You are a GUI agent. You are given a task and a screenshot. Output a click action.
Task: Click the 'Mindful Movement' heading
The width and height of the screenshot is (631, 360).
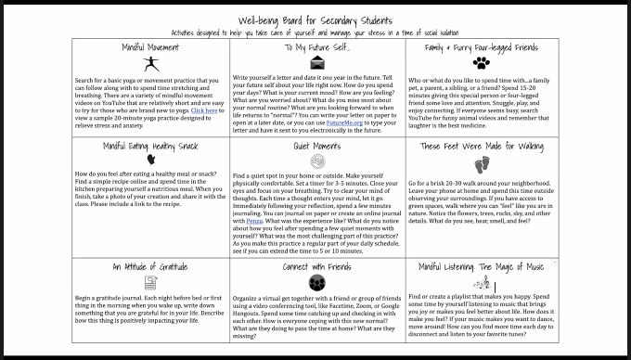point(148,46)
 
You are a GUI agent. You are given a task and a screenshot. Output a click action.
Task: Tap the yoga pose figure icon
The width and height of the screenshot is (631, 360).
point(150,64)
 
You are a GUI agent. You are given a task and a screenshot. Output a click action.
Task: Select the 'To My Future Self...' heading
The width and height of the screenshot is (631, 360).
point(317,46)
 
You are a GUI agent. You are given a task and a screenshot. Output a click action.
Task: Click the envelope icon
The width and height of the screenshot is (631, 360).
point(317,63)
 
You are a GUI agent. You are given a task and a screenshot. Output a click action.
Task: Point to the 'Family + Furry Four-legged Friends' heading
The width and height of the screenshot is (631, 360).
point(481,46)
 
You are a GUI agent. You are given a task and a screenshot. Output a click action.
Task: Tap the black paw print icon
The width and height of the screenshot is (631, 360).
point(481,64)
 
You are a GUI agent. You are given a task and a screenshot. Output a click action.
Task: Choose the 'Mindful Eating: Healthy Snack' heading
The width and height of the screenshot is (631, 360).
point(150,146)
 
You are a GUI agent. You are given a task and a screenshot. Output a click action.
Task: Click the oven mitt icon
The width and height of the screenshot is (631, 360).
point(150,160)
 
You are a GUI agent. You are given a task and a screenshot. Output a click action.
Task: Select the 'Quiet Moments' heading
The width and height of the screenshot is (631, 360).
point(316,146)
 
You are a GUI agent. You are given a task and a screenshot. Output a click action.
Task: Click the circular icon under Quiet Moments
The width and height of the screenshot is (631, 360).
point(316,161)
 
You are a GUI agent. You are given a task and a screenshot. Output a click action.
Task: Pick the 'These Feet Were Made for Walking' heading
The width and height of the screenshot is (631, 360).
point(481,146)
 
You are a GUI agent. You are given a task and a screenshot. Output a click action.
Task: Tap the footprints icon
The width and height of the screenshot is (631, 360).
point(481,165)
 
